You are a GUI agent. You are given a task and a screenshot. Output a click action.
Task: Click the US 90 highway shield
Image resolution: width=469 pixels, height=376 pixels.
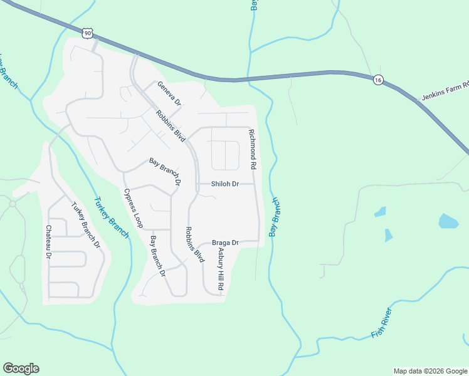(x=87, y=32)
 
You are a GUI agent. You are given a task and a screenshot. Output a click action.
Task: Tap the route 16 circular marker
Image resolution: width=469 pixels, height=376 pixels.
(x=377, y=80)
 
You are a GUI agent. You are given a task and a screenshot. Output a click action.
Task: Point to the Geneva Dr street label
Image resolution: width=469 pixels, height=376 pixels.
(x=169, y=93)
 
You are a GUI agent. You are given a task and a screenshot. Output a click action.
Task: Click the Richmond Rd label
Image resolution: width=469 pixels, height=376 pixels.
(x=253, y=150)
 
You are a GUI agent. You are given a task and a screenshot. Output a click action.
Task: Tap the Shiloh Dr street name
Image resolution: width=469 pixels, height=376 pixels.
(x=225, y=184)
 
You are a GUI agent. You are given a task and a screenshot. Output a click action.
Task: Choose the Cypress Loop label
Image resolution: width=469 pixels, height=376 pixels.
(x=134, y=207)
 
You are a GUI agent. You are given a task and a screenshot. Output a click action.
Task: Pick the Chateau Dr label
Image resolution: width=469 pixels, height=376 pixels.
(x=49, y=243)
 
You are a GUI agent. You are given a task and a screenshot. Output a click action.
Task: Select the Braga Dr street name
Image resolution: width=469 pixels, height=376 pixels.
(x=225, y=243)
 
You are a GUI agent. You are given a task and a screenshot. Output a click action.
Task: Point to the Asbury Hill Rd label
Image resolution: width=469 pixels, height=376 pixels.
(x=220, y=268)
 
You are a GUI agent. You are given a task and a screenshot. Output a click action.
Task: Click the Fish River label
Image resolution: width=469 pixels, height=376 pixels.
(x=382, y=323)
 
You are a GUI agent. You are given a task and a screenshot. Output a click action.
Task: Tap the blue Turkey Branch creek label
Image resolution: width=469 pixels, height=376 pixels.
(x=112, y=218)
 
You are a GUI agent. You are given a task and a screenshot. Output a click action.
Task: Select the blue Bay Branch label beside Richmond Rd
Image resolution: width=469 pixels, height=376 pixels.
(x=274, y=217)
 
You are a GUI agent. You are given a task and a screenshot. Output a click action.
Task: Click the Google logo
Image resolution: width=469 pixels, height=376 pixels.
(x=21, y=368)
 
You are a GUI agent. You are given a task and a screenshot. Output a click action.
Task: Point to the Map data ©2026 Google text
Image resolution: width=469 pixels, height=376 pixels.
(x=429, y=371)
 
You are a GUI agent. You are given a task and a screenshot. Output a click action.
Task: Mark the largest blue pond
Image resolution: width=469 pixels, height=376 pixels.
(x=448, y=221)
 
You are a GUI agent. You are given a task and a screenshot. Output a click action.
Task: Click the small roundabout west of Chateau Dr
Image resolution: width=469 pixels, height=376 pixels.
(x=12, y=204)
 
